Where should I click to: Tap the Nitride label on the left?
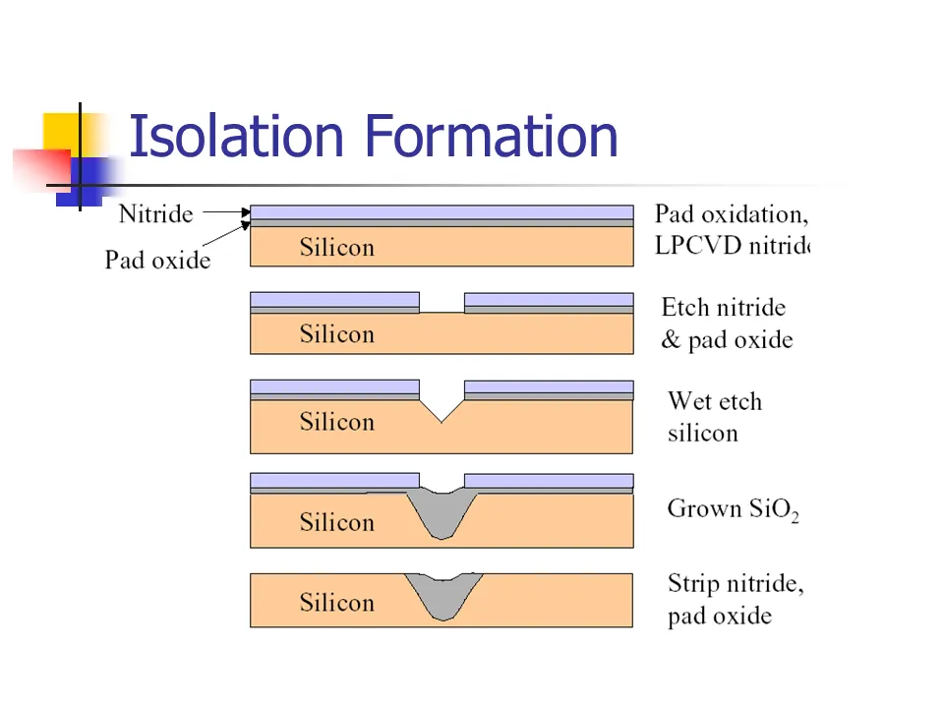coord(155,213)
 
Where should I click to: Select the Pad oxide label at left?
coord(157,260)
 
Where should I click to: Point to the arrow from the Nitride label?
coord(226,210)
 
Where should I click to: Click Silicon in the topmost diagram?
coord(336,248)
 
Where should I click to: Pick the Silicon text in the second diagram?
coord(336,334)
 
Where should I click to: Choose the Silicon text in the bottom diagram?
coord(336,603)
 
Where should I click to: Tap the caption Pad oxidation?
coord(730,214)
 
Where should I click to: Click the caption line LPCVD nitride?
coord(732,246)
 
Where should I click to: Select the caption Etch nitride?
coord(723,308)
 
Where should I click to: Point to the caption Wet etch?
coord(714,401)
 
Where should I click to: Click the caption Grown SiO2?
coord(733,509)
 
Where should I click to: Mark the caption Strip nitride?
coord(736,584)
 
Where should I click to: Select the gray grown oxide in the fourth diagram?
coord(442,511)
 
